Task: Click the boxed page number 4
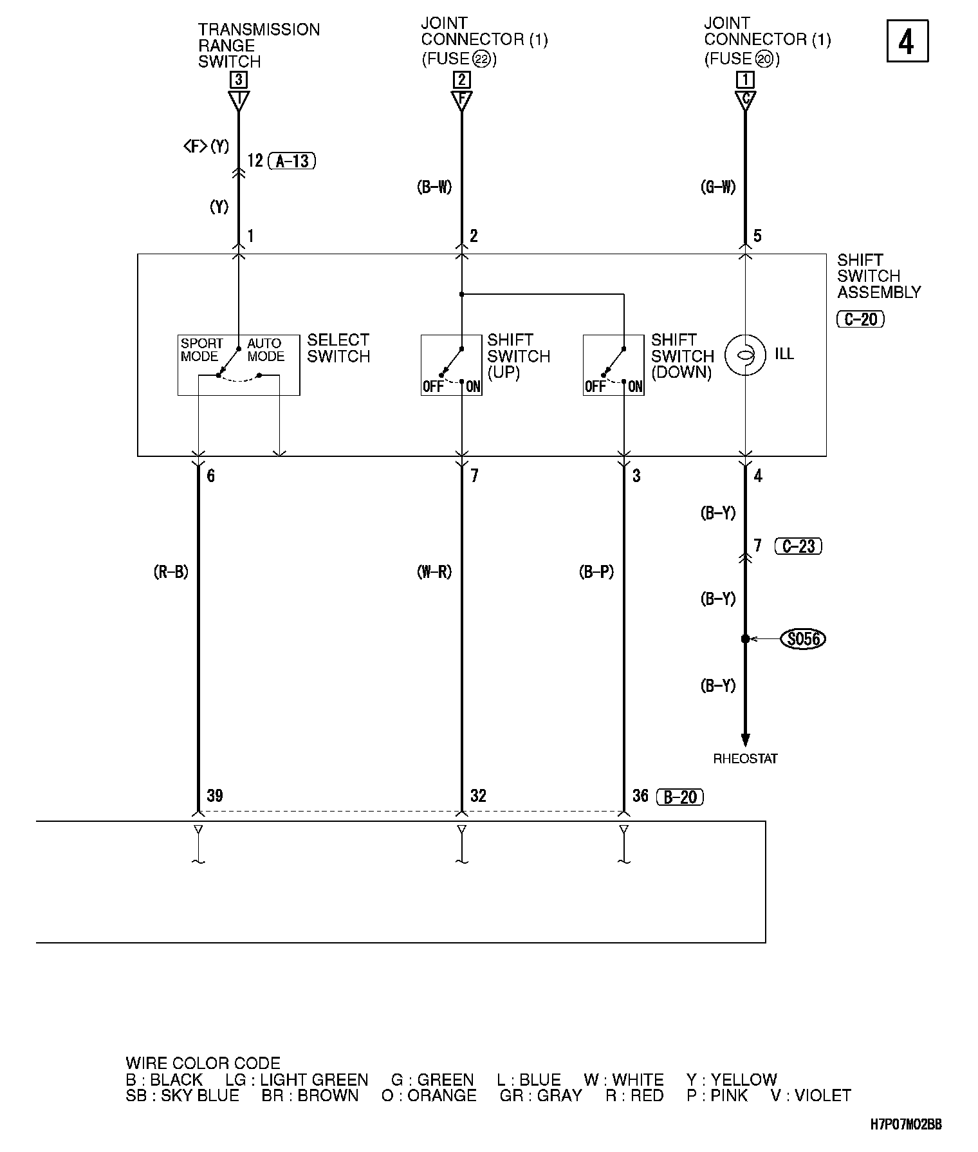tap(907, 41)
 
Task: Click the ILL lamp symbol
tap(745, 355)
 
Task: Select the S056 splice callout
tap(802, 639)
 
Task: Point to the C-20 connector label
tap(860, 319)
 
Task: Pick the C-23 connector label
tap(798, 546)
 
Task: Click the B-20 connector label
tap(680, 797)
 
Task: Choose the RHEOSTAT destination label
tap(745, 759)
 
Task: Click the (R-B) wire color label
tap(171, 572)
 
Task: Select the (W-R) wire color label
tap(434, 572)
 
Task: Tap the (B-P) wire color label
tap(596, 572)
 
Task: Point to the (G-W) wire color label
tap(717, 187)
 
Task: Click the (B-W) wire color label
tap(434, 187)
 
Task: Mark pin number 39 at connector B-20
tap(215, 796)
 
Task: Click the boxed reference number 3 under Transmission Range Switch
tap(239, 80)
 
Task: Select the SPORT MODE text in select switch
tap(201, 349)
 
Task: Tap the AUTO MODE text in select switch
tap(265, 349)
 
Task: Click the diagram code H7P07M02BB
tap(906, 1124)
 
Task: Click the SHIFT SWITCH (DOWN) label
tap(682, 356)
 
